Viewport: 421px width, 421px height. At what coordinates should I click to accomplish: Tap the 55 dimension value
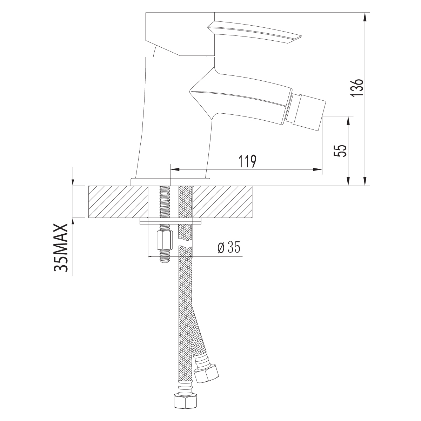[340, 151]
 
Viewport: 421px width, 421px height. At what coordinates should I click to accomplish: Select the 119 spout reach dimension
[247, 161]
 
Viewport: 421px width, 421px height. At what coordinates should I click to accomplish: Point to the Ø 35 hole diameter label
[229, 247]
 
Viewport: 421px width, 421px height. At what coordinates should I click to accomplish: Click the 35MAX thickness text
[61, 248]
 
